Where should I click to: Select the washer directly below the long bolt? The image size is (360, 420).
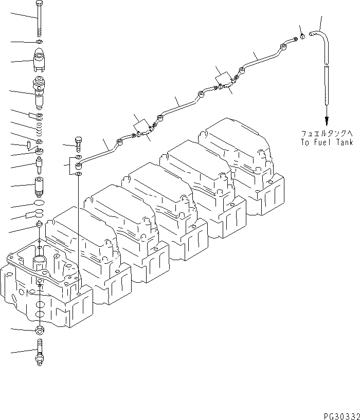click(40, 41)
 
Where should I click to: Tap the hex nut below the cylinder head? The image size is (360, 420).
click(40, 330)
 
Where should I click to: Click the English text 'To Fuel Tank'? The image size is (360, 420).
click(327, 142)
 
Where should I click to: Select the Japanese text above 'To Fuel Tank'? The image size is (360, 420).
click(327, 133)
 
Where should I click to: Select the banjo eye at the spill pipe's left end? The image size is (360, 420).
click(79, 166)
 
